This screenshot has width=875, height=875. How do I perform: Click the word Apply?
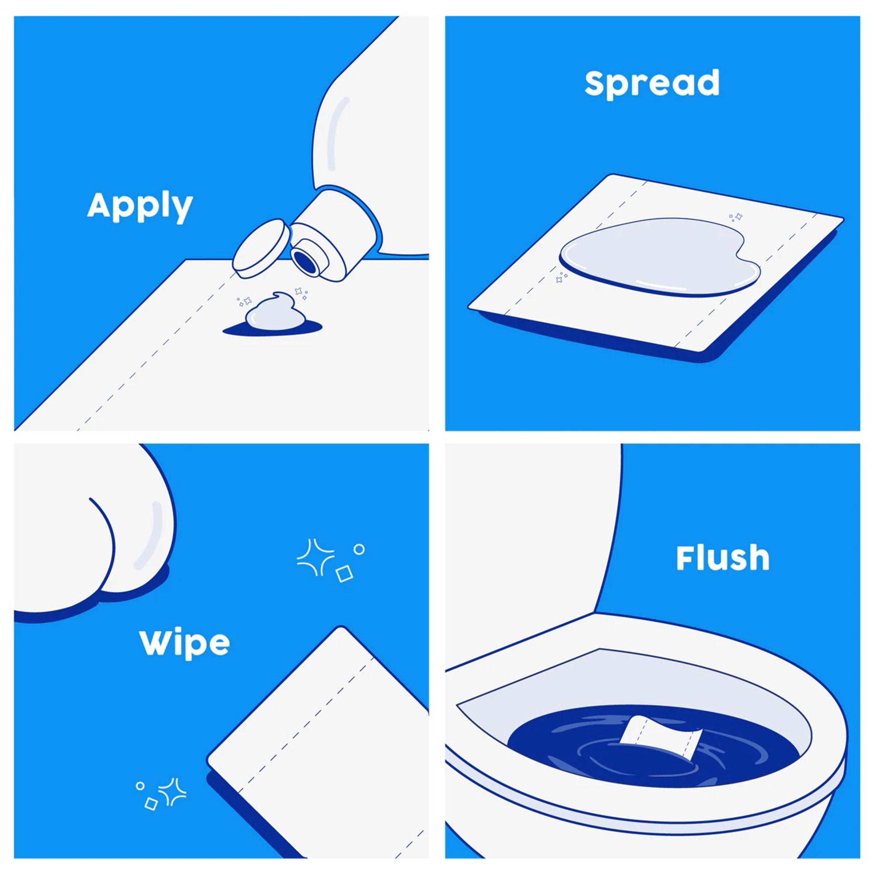coord(140,206)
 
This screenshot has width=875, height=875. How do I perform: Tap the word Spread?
coord(652,83)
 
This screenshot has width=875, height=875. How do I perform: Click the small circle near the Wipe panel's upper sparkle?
coord(359,549)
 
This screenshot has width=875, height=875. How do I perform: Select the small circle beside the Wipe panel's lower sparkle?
coord(140,786)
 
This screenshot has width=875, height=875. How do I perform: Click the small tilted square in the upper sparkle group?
coord(344,574)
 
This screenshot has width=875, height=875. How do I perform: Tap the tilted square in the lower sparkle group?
coord(151,804)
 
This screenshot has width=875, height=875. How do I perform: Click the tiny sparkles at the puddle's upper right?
coord(735,217)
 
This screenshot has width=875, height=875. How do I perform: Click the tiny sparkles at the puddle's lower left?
coord(562,277)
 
